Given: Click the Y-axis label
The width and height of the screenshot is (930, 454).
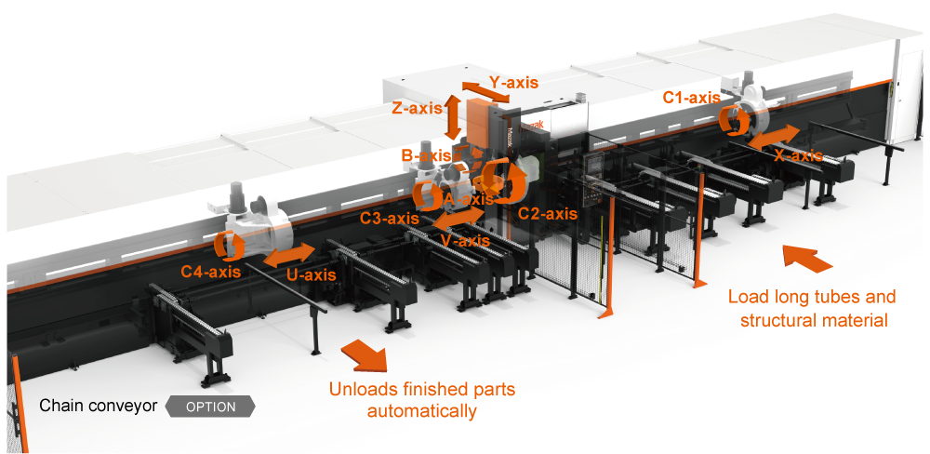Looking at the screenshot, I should [513, 83].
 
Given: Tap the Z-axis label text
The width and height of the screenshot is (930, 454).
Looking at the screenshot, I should [417, 108].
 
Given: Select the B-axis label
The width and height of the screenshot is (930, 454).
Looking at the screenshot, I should [425, 155].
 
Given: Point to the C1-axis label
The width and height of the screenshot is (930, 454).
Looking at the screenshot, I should [691, 97].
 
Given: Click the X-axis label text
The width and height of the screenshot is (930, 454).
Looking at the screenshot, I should [798, 155].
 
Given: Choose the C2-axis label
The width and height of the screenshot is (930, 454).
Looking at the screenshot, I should [548, 213].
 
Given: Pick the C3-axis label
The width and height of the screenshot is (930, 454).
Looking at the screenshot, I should [390, 219].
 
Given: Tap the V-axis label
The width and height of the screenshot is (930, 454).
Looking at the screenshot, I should [465, 241].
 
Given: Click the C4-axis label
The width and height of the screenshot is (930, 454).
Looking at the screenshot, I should [211, 272].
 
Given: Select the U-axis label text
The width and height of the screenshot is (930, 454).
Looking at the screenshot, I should [312, 274].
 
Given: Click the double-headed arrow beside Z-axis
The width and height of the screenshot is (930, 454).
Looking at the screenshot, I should [453, 116].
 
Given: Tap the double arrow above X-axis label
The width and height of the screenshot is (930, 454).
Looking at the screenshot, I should [772, 136].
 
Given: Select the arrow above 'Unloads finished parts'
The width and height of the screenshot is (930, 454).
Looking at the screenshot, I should [365, 355].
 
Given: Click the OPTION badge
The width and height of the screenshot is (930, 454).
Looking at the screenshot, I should [210, 407].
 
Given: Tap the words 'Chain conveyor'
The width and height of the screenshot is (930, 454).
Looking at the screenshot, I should [98, 407].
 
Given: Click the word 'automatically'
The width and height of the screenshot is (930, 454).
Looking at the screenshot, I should [421, 410].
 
